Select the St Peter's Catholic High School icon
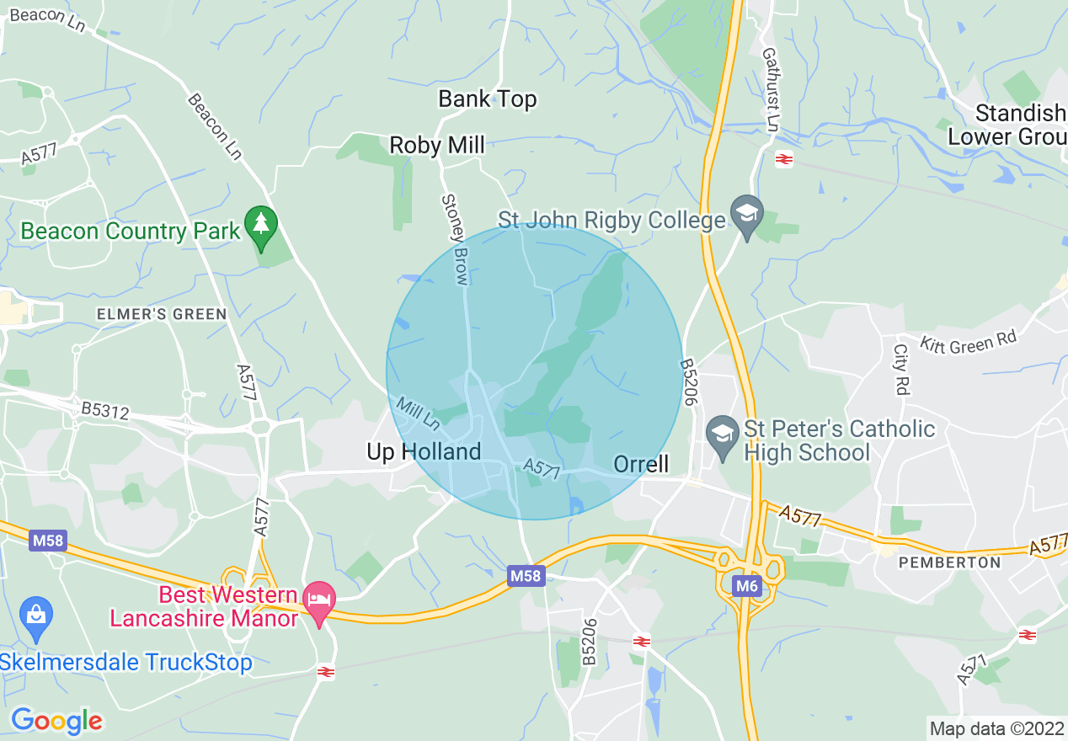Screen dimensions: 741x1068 tap(723, 434)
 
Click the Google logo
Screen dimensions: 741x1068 tap(56, 721)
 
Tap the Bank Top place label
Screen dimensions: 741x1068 tap(487, 99)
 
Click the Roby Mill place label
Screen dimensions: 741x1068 tap(437, 146)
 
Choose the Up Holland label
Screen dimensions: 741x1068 tap(424, 452)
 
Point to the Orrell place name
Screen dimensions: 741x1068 tap(641, 464)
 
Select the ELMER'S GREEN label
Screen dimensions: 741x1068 tap(162, 314)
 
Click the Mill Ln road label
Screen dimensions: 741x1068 tap(419, 412)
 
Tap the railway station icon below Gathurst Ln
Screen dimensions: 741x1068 tap(784, 158)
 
